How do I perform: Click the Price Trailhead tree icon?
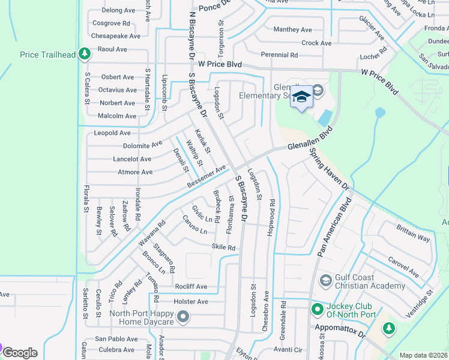tap(85, 55)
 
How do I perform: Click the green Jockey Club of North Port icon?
tap(317, 309)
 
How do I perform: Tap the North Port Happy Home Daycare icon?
tap(184, 316)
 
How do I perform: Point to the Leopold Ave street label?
tap(112, 133)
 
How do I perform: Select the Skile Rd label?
tap(223, 247)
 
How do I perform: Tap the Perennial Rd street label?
tap(279, 55)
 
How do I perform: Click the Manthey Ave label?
tap(293, 29)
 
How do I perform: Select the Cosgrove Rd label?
tap(111, 23)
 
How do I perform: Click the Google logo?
tap(20, 352)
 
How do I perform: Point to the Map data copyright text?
tap(423, 355)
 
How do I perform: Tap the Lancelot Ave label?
tap(132, 159)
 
